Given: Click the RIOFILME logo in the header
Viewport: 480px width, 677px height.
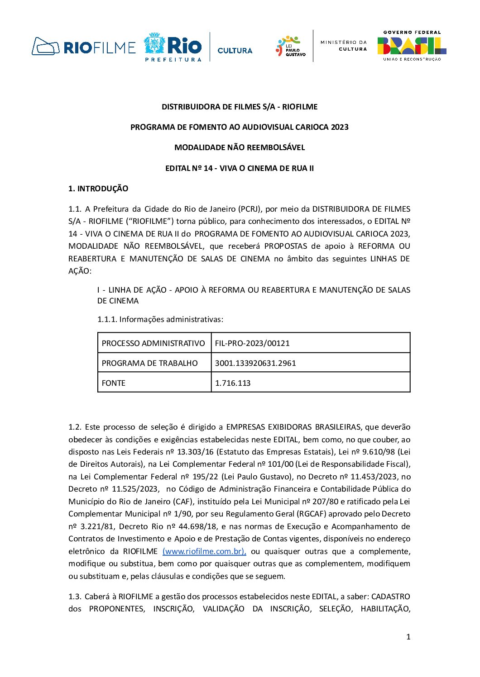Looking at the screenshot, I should tap(84, 47).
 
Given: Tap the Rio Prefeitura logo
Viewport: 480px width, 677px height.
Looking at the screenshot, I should tap(173, 47).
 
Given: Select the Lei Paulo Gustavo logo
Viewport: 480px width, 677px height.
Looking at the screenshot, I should tap(291, 47).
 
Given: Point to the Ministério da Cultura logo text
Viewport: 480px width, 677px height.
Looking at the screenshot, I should tap(344, 45).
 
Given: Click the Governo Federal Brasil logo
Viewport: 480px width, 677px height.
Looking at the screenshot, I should tap(412, 46).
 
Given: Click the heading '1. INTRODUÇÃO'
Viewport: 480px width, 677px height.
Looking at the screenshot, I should tap(98, 189).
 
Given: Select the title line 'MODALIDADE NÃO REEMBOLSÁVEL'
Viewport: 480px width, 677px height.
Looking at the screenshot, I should tap(240, 147).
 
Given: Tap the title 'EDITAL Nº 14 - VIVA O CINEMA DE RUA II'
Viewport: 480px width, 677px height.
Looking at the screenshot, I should tap(240, 168).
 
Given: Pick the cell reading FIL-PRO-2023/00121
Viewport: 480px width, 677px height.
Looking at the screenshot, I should tap(252, 343).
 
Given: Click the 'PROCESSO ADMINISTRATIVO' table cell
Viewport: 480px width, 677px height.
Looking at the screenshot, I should tap(154, 343).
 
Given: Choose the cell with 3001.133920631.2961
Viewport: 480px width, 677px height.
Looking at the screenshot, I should tap(255, 363).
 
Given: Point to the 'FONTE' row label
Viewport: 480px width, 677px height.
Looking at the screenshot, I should tap(114, 383).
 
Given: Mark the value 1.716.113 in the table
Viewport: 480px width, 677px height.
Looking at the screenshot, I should tap(233, 383).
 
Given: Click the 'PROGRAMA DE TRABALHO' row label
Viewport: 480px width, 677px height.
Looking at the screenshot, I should tap(150, 363).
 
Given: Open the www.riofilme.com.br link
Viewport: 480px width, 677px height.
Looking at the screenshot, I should tap(204, 551).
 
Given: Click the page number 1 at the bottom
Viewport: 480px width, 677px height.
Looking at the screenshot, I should tap(408, 637).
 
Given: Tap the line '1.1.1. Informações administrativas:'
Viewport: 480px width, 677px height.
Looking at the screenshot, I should tap(160, 319).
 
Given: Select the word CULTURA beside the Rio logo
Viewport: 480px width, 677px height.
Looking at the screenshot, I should tap(235, 51).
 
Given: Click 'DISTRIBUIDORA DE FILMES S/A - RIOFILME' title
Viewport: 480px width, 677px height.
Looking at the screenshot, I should tap(240, 107).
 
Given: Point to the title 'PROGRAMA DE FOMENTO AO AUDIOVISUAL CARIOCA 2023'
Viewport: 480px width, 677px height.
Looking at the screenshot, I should tap(240, 127).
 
